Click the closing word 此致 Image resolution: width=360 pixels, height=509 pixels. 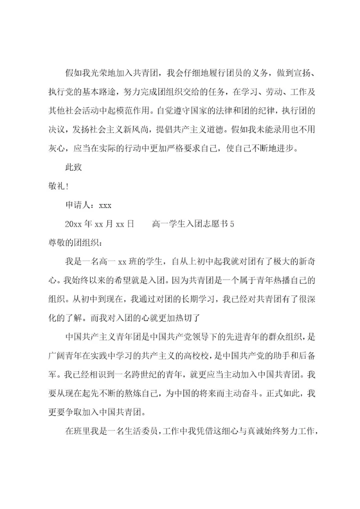tap(74, 167)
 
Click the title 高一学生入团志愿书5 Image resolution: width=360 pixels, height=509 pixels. tap(193, 224)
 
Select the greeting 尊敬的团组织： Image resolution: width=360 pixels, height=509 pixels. tap(74, 243)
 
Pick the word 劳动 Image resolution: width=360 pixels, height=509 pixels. tap(274, 92)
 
